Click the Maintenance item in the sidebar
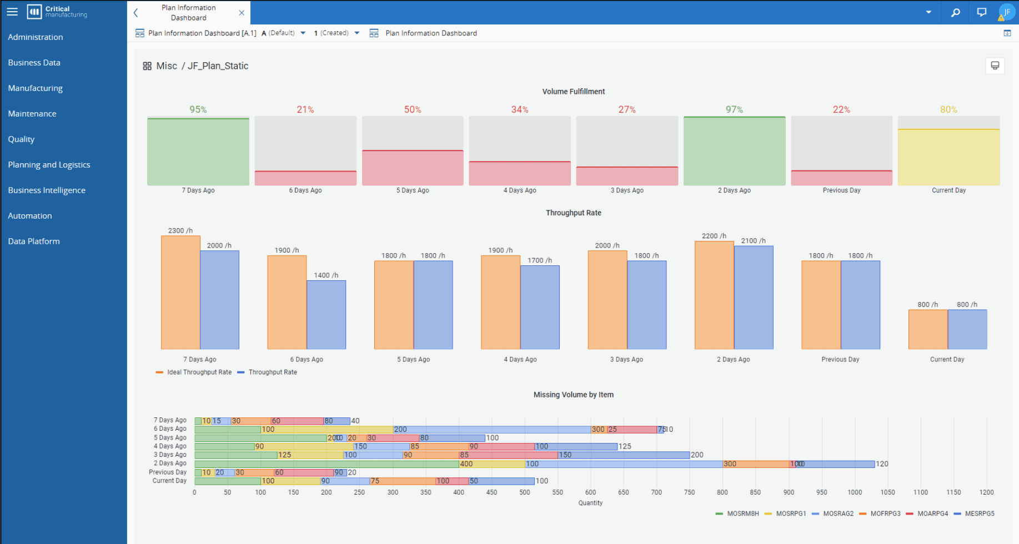(32, 114)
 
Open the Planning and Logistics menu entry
(49, 165)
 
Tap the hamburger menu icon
(12, 12)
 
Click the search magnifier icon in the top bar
(955, 12)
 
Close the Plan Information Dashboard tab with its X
(242, 13)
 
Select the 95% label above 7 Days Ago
(198, 110)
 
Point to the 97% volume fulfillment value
(734, 110)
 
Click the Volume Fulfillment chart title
(573, 92)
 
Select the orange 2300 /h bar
(180, 293)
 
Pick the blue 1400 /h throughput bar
(326, 315)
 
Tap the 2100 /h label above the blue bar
(753, 241)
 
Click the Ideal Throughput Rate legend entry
(199, 372)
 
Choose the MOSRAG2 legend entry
(837, 513)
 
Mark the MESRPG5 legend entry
(979, 513)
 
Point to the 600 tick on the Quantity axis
(590, 492)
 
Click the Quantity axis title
(590, 503)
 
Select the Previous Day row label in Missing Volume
(168, 472)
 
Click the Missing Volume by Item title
(573, 395)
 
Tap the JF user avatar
(1006, 12)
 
